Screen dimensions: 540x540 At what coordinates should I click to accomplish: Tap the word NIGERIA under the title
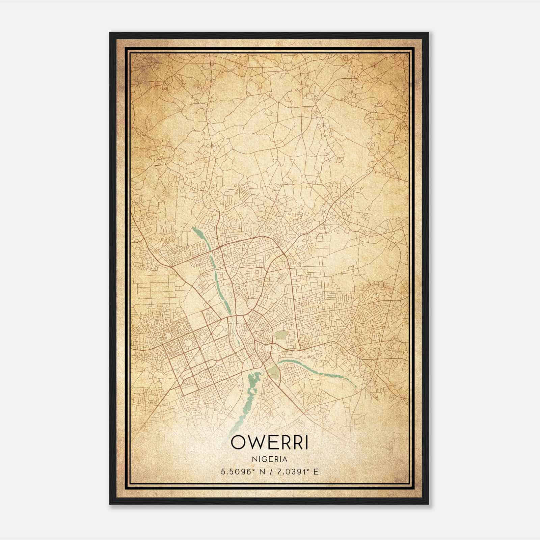[x=269, y=459]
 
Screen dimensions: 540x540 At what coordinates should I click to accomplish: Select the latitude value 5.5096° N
[x=240, y=472]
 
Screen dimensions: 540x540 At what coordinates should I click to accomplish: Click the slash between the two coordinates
[x=269, y=472]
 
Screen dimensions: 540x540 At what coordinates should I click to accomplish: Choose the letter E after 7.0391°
[x=316, y=472]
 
